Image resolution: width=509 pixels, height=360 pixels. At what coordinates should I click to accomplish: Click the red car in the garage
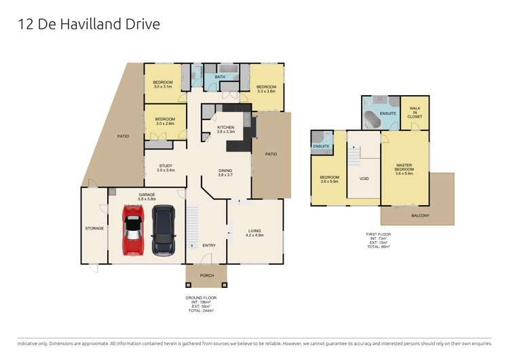click(134, 230)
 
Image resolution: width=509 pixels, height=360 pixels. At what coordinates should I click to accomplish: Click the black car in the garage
click(164, 231)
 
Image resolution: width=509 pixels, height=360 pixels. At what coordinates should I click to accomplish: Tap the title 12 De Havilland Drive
click(89, 25)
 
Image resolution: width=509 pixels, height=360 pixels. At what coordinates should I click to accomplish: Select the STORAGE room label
click(94, 228)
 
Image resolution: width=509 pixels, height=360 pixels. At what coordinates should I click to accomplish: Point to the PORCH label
click(206, 276)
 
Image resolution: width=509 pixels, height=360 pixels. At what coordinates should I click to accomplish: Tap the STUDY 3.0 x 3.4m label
click(166, 168)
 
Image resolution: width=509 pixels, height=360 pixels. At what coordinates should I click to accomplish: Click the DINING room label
click(225, 173)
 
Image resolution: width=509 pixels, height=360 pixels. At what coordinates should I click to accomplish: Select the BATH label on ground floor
click(220, 77)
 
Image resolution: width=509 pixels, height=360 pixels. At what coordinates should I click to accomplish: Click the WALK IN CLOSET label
click(414, 113)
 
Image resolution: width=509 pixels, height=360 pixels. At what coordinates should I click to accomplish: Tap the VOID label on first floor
click(363, 178)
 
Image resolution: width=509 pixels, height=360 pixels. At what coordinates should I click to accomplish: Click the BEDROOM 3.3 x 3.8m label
click(266, 89)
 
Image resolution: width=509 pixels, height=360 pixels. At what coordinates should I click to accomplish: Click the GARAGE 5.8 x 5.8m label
click(147, 196)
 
